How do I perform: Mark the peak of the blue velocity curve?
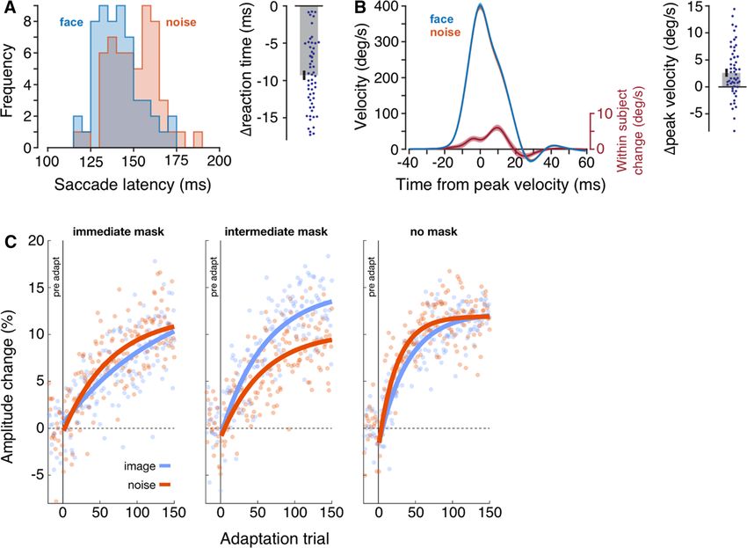(480, 4)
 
